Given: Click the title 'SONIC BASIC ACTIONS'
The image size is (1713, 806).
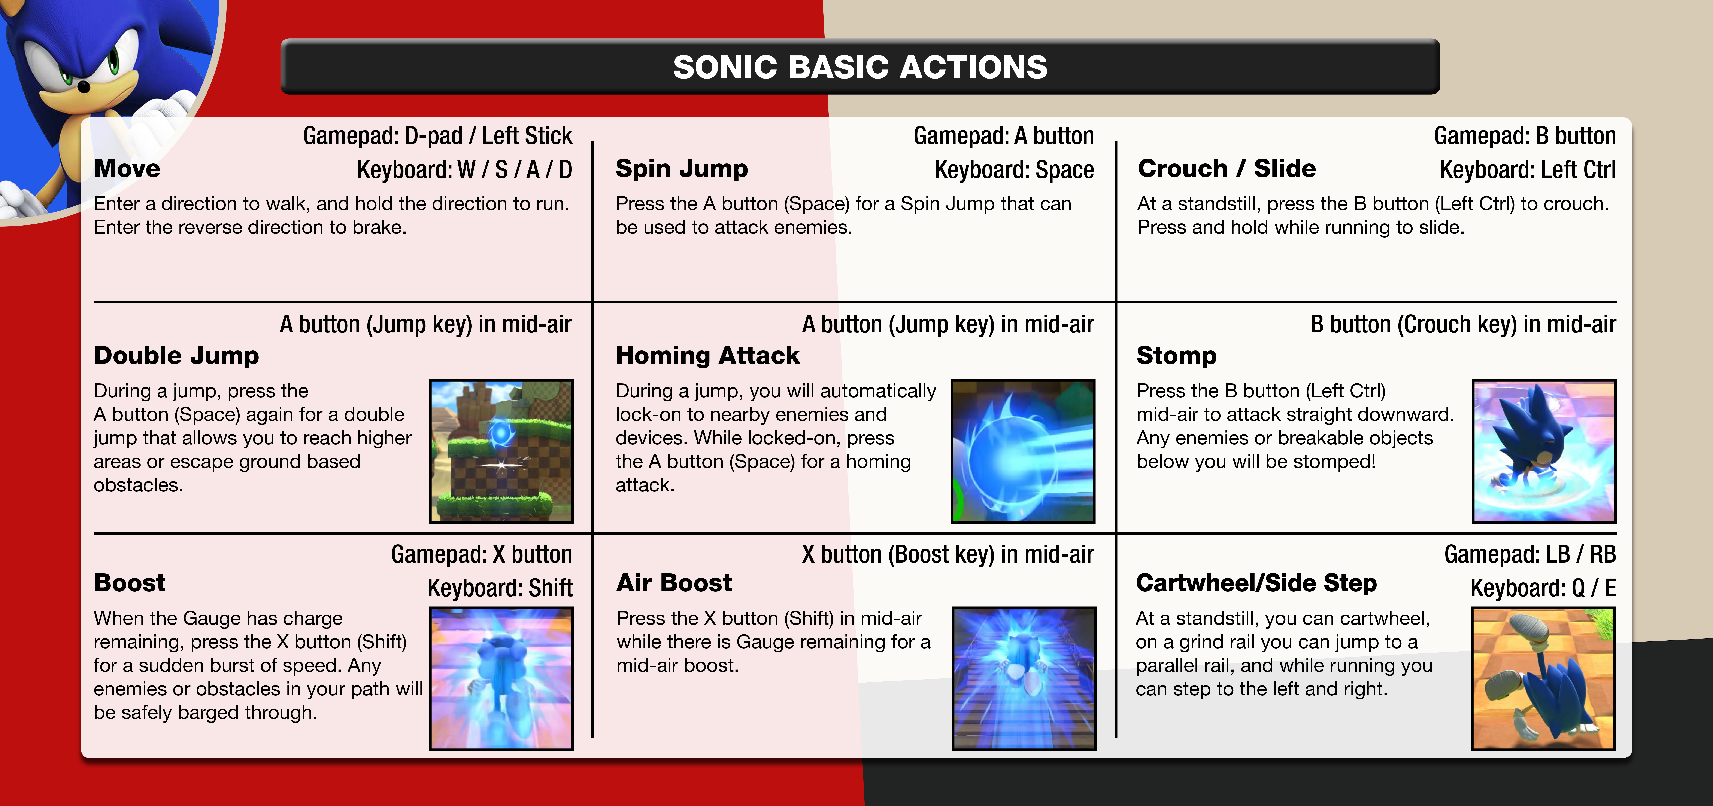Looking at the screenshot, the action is coord(860,67).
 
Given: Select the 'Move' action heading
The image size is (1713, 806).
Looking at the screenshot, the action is coord(127,169).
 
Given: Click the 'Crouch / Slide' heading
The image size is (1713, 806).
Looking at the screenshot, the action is coord(1227,169).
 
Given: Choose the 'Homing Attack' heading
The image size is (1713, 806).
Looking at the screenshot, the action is coord(707,355).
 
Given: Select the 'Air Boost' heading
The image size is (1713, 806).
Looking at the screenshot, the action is coord(674,583).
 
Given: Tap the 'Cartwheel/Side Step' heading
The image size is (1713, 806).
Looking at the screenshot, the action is coord(1256,583).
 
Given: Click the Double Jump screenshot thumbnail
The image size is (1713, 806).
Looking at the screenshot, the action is coord(501,451).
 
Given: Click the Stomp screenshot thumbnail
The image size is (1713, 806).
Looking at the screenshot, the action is coord(1544,451).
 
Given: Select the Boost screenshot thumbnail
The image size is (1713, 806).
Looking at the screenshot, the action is coord(501,678).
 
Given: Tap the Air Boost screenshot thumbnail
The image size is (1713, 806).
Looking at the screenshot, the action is coord(1024,678).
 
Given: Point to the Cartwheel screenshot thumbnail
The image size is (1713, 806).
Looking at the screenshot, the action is coord(1543,678).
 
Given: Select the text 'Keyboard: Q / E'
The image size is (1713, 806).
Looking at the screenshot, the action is coord(1543,588).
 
